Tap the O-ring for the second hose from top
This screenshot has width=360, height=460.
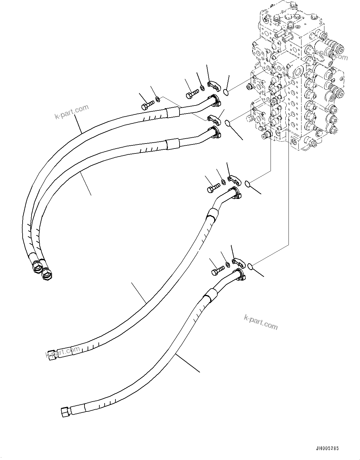(228, 123)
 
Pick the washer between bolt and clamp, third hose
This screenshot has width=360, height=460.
(223, 181)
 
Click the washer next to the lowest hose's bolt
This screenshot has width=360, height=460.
(228, 264)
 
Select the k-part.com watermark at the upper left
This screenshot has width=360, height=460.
(72, 112)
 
